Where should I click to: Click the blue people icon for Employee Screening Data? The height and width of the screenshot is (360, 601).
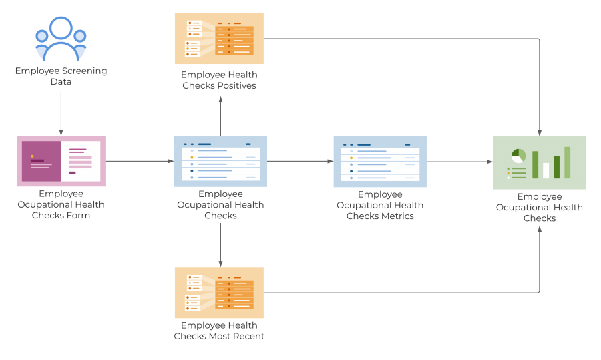(61, 38)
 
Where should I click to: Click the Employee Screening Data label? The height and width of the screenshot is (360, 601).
(61, 76)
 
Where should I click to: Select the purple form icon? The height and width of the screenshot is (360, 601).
(61, 161)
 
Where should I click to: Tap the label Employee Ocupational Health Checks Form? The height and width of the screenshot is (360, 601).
(61, 204)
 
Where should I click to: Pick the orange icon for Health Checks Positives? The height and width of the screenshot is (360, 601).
(219, 39)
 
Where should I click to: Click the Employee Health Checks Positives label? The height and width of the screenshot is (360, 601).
(219, 80)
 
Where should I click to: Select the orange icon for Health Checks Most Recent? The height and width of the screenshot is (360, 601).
(219, 293)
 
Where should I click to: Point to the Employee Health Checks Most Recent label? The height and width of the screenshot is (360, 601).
(219, 331)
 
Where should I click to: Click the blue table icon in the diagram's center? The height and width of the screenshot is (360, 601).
(220, 161)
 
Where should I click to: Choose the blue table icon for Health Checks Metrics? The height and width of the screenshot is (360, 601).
(379, 161)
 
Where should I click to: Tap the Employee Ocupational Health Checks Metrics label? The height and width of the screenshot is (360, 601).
(379, 205)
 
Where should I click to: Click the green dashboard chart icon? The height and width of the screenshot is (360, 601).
(539, 162)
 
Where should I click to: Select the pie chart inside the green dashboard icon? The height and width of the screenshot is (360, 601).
(518, 156)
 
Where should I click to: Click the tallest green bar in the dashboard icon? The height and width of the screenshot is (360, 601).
(567, 162)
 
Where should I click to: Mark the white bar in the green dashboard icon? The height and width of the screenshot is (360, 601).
(546, 170)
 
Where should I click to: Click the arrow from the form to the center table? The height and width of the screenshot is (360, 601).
(139, 161)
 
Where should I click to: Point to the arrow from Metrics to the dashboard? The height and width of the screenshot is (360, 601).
(459, 161)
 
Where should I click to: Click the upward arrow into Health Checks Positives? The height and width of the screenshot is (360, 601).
(220, 116)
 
